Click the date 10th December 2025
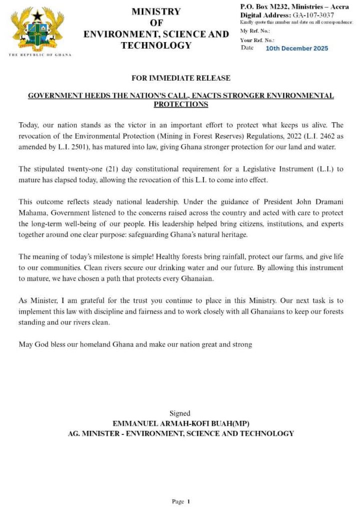coord(297,49)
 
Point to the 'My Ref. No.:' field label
coord(255,31)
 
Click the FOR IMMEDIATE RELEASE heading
coord(181,78)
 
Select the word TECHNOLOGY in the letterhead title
coord(156,46)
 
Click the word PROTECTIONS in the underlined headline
coord(181,104)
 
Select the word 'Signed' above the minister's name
coord(180,413)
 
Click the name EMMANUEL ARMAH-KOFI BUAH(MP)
coord(181,423)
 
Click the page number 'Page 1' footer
coord(181,501)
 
